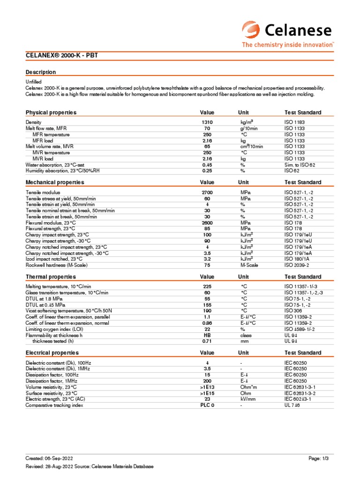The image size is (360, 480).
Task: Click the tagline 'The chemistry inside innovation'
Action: [287, 45]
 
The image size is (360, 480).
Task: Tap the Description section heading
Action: [40, 72]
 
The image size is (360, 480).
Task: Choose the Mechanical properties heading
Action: [54, 182]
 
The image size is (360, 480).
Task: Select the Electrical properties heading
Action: [52, 352]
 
